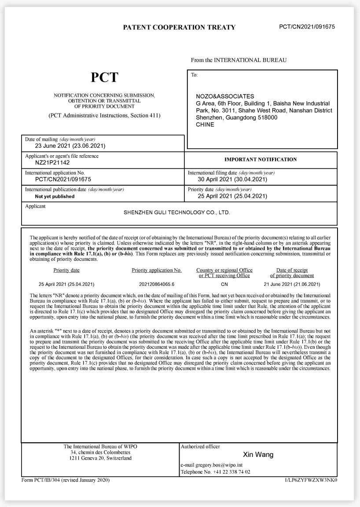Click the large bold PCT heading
pos(105,77)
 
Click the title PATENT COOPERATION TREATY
pos(179,27)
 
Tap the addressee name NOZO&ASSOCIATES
pos(225,96)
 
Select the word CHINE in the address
pos(205,124)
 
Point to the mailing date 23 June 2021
pos(70,146)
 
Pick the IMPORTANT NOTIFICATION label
pos(261,160)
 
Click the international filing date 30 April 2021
pos(232,179)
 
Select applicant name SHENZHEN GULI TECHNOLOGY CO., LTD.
pos(177,212)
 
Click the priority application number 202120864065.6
pos(157,285)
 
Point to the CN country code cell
pos(224,285)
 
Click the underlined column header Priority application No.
pos(157,270)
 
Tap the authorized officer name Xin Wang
pos(258,455)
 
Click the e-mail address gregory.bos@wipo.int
pos(222,465)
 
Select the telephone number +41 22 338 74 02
pos(231,472)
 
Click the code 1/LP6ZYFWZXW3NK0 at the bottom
pos(310,480)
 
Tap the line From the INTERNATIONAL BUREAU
pos(239,60)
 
